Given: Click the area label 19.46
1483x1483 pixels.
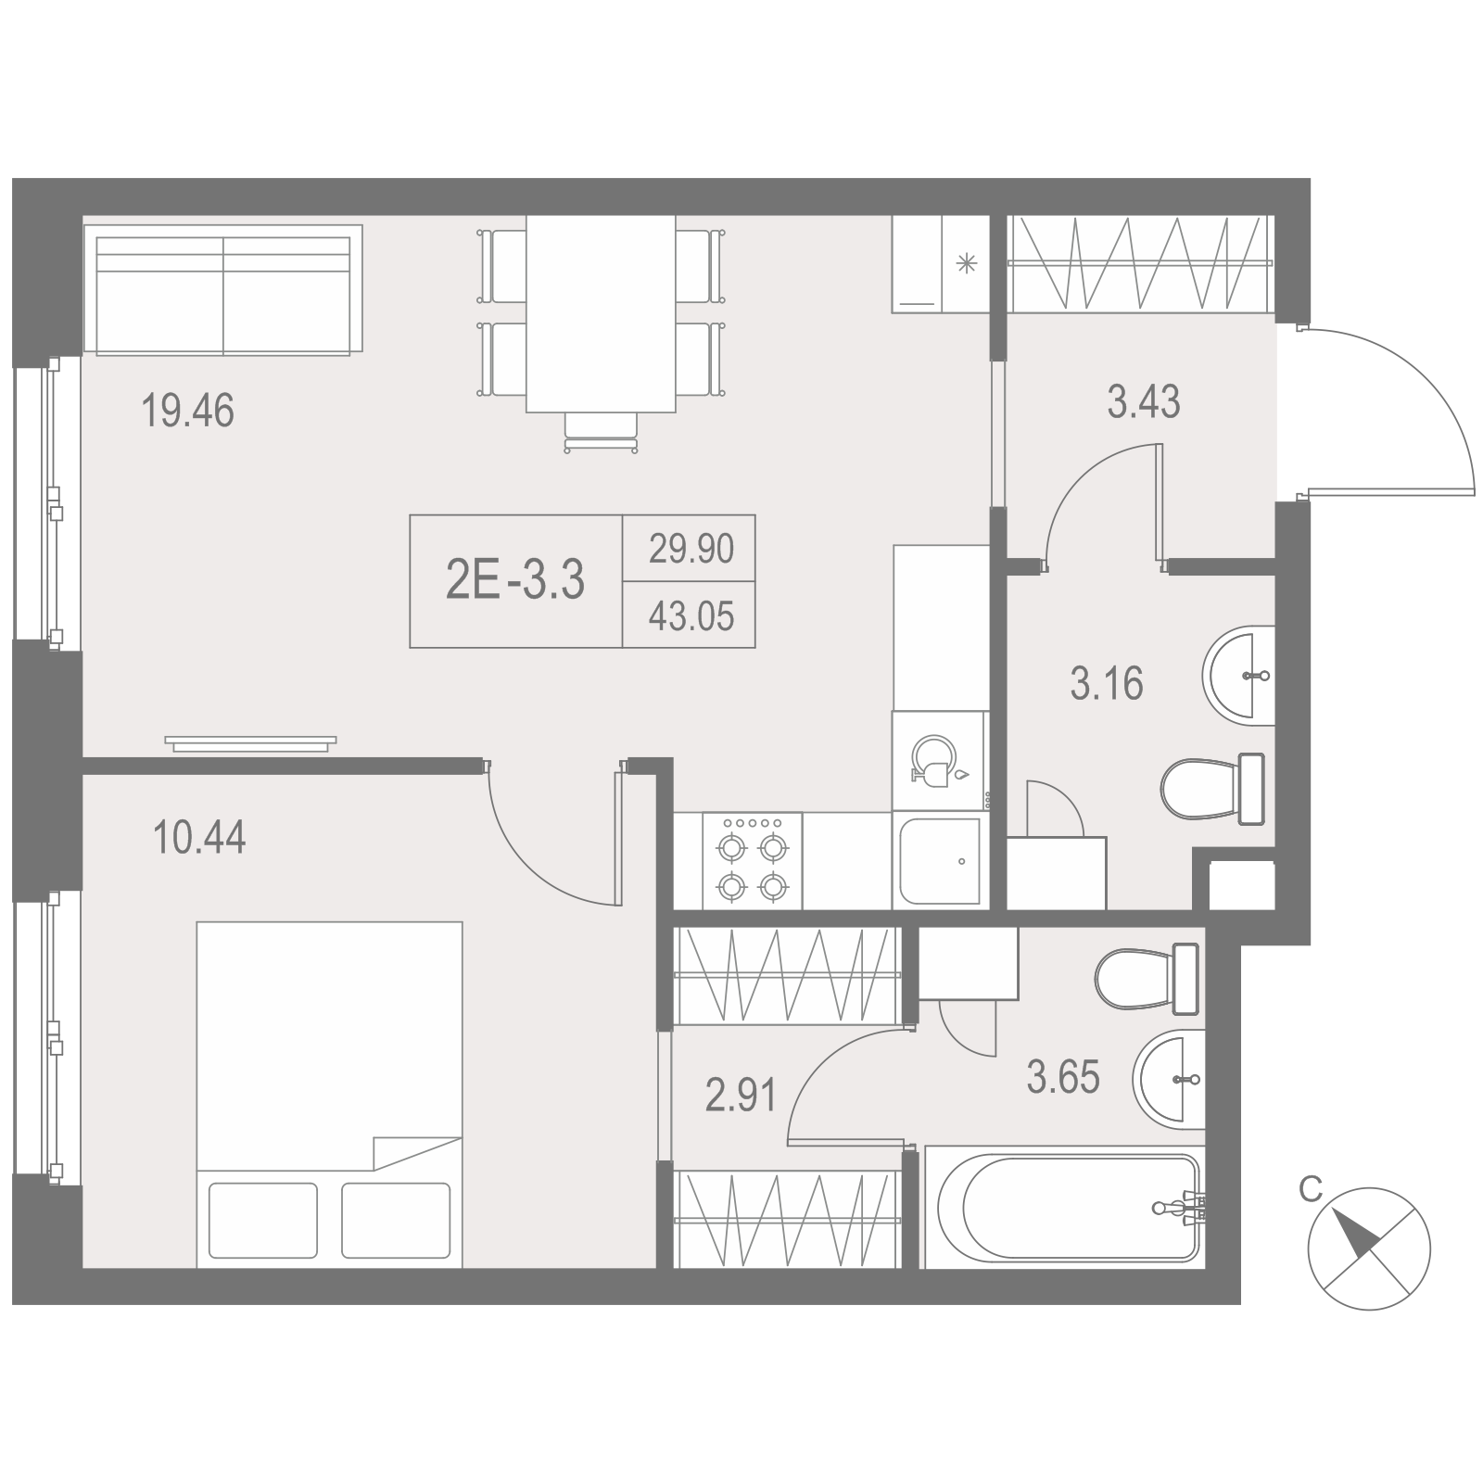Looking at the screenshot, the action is (188, 411).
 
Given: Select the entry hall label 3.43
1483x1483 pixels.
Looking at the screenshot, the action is (1144, 402).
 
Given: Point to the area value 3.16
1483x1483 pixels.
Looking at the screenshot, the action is (1107, 684).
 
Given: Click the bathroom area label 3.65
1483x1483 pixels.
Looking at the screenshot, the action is (1063, 1078).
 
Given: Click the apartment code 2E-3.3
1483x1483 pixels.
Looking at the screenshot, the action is (515, 581).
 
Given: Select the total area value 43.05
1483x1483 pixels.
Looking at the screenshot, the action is (691, 615).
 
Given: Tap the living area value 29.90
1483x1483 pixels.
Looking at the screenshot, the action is (691, 549).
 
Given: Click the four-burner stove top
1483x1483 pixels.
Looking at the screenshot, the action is (753, 861).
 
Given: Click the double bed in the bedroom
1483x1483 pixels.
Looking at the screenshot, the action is (329, 1095).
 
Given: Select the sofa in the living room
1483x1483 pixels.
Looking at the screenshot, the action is (222, 289).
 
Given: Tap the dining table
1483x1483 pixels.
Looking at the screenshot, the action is (601, 313).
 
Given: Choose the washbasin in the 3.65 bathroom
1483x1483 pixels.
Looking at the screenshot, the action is (1169, 1079).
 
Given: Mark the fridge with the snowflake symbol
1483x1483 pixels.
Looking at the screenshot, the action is (941, 264).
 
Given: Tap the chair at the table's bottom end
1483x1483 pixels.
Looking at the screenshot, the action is (601, 432).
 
